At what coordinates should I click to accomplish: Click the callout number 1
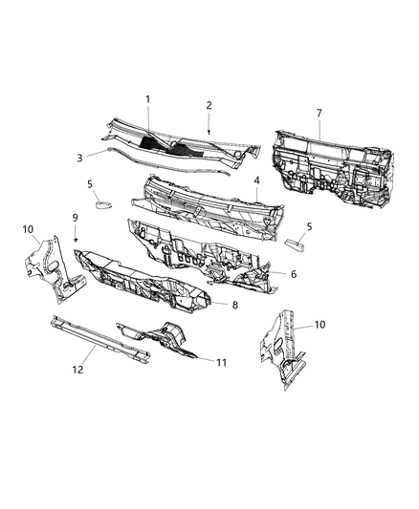click(148, 99)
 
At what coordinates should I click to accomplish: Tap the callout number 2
click(209, 105)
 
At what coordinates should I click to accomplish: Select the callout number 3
click(80, 159)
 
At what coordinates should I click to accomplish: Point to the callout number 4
click(256, 180)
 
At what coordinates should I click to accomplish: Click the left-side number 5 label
click(90, 184)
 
